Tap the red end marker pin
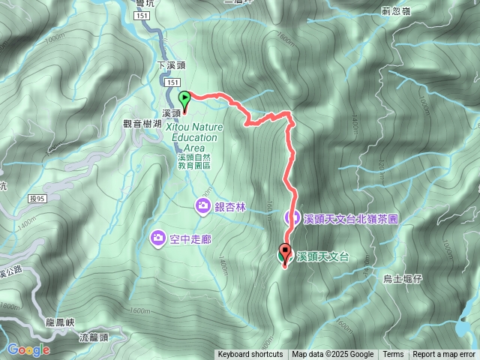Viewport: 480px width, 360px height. tap(285, 253)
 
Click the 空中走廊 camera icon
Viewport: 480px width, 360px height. tap(158, 238)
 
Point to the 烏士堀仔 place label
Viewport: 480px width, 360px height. tap(403, 279)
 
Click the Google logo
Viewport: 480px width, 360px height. tap(28, 349)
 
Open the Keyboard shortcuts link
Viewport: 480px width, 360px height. tap(250, 355)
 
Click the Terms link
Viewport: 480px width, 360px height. tap(393, 355)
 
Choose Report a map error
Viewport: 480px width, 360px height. tap(444, 355)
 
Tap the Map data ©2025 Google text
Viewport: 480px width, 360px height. tap(333, 355)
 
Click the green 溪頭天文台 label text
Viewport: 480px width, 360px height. tap(323, 256)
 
